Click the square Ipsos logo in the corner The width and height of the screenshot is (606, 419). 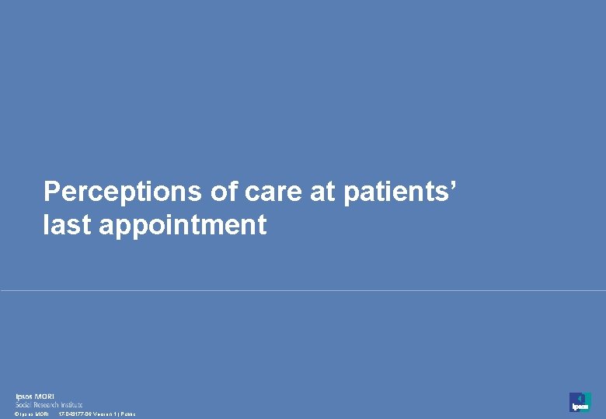(580, 402)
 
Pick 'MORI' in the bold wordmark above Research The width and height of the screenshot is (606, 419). (45, 397)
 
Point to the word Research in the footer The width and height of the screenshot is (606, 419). (48, 404)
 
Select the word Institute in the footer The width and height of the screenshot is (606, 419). (71, 404)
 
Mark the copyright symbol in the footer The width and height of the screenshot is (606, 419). (17, 414)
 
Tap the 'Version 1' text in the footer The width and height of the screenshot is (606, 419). (104, 414)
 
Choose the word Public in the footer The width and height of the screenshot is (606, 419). (128, 414)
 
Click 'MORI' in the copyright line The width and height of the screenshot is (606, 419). (42, 414)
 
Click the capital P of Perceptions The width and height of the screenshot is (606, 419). (52, 192)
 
